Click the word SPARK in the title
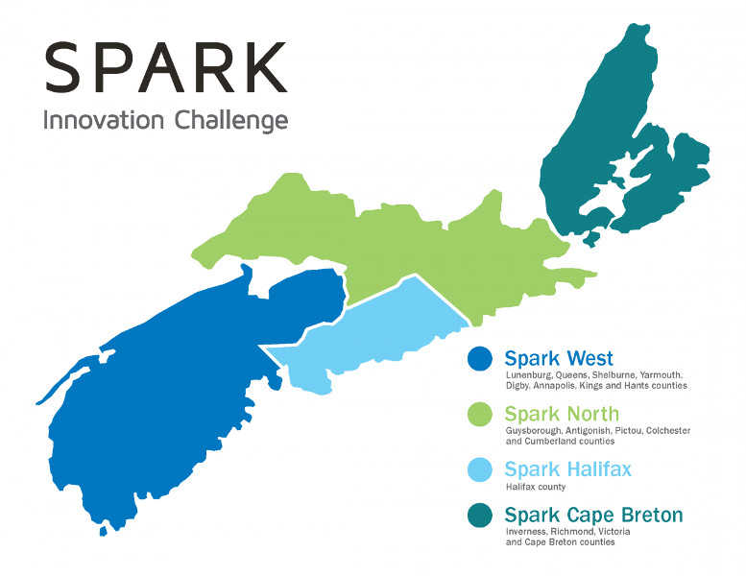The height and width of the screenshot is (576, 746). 166,67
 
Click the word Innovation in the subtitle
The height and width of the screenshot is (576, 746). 104,120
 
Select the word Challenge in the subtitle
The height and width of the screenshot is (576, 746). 231,121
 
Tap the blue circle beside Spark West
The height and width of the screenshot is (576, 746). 480,358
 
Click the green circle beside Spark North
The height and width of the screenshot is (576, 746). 480,414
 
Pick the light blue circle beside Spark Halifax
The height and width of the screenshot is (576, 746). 480,469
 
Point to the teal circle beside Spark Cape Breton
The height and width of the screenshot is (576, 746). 480,516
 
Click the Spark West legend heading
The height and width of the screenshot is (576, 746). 559,359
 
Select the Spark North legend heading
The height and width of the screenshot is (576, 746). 562,415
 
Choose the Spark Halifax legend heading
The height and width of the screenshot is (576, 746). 568,469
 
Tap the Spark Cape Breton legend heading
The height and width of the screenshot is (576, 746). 593,516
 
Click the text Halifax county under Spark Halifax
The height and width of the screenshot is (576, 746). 536,487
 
